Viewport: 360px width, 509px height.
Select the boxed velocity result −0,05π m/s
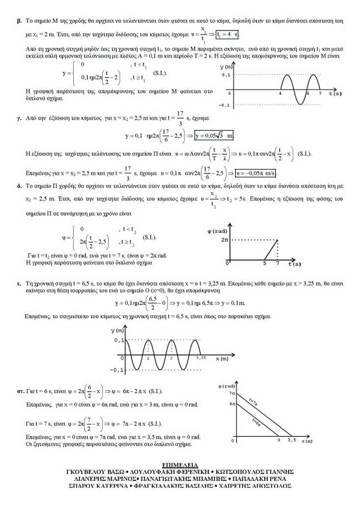pos(256,173)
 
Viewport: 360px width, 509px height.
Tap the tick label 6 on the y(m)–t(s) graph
pos(307,93)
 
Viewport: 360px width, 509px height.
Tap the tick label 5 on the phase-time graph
pos(265,264)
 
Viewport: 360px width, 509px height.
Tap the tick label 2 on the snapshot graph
pos(171,359)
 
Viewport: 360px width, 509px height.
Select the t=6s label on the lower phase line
pos(256,421)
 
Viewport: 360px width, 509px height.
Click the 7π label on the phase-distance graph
pos(232,394)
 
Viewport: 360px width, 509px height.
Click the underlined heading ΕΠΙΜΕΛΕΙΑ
pos(180,464)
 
